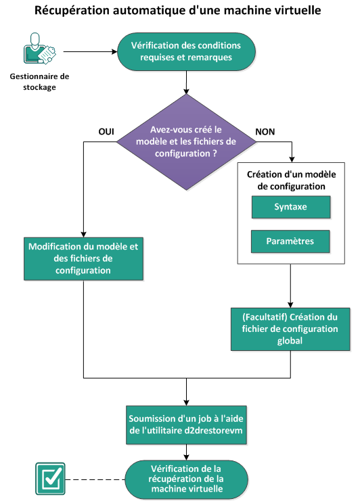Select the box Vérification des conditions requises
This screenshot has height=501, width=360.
point(186,51)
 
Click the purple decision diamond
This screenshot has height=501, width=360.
point(186,141)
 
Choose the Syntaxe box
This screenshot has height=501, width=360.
point(290,207)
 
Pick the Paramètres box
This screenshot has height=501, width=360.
point(290,240)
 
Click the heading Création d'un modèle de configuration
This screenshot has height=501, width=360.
point(290,179)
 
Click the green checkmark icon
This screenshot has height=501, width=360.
point(49,479)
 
